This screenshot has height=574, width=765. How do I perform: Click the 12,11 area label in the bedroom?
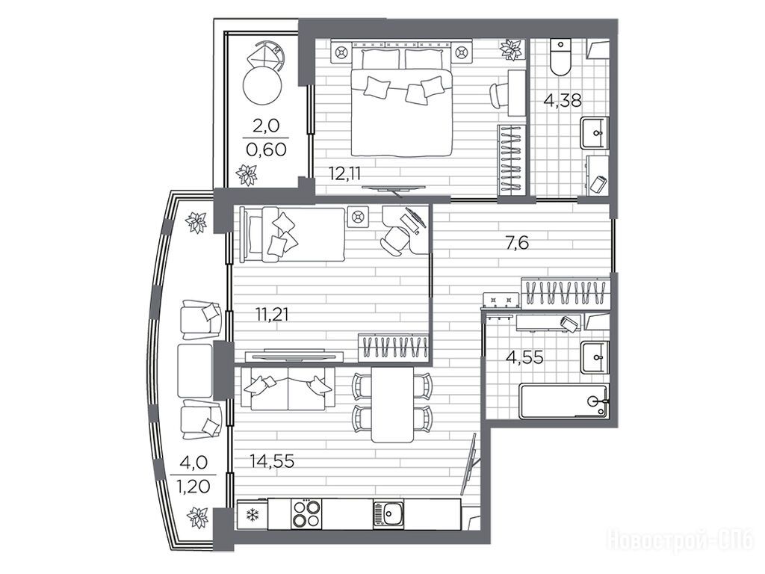click(x=345, y=173)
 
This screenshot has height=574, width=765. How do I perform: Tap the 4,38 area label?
click(x=563, y=100)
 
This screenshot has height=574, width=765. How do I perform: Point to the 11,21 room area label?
click(x=272, y=314)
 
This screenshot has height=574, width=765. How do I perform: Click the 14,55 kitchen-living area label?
click(x=272, y=460)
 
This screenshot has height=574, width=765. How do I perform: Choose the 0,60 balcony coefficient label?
click(x=266, y=149)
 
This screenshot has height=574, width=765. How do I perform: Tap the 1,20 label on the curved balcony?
click(x=193, y=486)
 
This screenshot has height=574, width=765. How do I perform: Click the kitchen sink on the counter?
click(x=388, y=513)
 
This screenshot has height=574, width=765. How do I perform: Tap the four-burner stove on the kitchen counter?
click(x=306, y=513)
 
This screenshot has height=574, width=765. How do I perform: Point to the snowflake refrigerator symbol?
click(x=253, y=514)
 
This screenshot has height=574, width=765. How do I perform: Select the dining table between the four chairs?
click(x=392, y=404)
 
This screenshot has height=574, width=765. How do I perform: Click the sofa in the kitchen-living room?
click(x=288, y=389)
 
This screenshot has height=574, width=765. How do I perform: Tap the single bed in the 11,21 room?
click(x=293, y=235)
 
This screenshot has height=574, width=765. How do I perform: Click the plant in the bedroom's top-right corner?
click(x=511, y=49)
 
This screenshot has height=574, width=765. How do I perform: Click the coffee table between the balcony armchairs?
click(x=195, y=370)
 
